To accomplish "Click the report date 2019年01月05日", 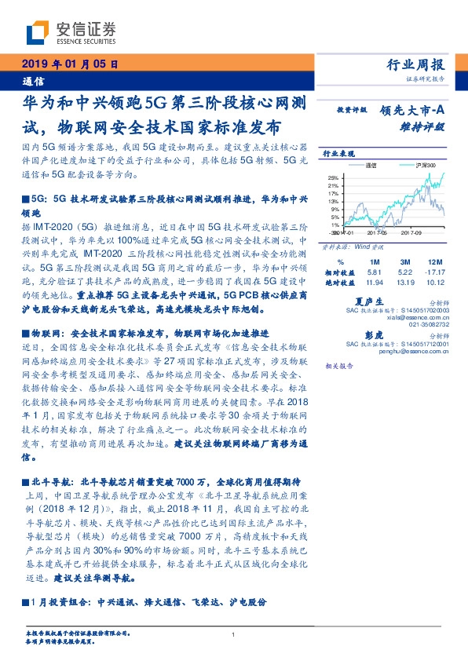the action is coord(68,65).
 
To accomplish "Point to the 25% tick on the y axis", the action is coord(333,177).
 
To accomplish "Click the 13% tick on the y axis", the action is coord(333,202).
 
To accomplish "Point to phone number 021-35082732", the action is coord(428,323).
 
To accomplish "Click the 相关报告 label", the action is coord(338,366).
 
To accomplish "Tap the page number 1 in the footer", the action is coord(234,635).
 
